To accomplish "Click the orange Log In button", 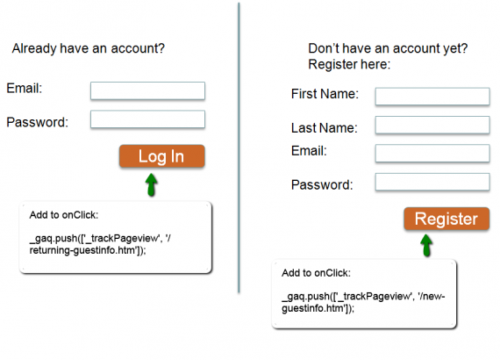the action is [x=162, y=156].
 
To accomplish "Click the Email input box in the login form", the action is [x=147, y=91].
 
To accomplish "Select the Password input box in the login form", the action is [x=147, y=119].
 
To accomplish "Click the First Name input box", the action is [x=432, y=97].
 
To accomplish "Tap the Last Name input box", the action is [x=432, y=125].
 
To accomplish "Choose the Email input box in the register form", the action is [x=432, y=153].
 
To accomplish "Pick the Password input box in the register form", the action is [x=432, y=182].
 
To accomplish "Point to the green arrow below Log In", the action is [x=152, y=184].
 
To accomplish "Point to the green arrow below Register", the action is [x=426, y=246].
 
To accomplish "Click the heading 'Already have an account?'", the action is [x=89, y=48].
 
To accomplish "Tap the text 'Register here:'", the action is [x=349, y=64].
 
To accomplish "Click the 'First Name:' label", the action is [x=325, y=94].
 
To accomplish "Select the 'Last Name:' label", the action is [x=325, y=128].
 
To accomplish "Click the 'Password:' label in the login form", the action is [x=38, y=122].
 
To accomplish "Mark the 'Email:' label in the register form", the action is [x=309, y=151].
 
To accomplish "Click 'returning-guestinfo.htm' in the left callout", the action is [x=82, y=250].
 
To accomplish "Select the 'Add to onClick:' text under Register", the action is [x=316, y=273].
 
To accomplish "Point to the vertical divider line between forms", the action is [x=239, y=148].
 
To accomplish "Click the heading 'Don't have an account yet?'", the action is [x=388, y=48].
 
